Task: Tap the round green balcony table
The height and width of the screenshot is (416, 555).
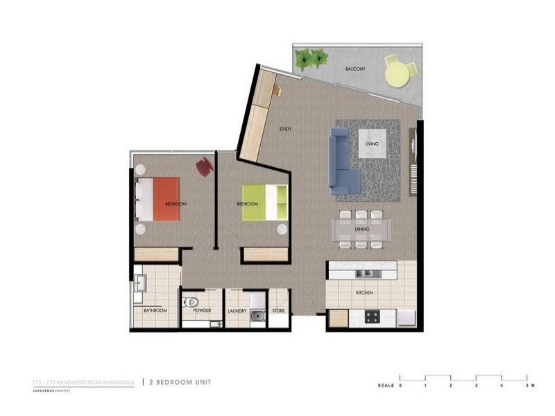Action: (397, 75)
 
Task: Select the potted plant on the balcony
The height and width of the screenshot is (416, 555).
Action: (311, 59)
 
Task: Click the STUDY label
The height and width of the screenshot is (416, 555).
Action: (285, 129)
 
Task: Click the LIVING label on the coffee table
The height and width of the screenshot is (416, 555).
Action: (372, 144)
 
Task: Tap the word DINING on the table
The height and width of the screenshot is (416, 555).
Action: (361, 229)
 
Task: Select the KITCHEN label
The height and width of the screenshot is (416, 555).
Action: (365, 293)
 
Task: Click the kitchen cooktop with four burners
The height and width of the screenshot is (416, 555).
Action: (371, 318)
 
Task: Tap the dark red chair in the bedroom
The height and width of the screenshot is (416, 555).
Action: (205, 166)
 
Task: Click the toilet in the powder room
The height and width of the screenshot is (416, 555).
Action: (192, 302)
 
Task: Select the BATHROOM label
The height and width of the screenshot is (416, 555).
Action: (155, 311)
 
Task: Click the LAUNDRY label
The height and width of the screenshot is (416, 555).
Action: (237, 311)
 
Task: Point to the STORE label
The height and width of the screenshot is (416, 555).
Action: (279, 311)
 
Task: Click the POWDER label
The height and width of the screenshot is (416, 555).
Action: (202, 311)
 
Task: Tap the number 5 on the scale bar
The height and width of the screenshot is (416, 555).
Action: (528, 384)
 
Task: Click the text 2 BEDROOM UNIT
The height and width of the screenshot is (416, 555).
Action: (180, 382)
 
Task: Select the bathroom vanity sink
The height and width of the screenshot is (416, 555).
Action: (142, 282)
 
